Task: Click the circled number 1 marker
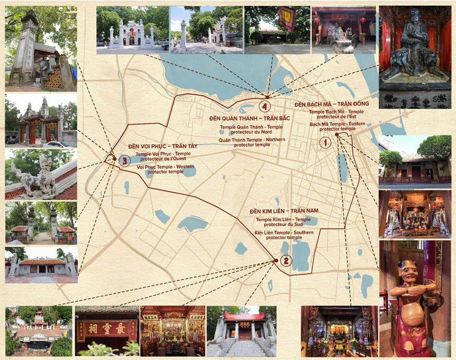[325, 143]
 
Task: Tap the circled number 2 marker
[286, 261]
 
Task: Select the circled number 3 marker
[125, 161]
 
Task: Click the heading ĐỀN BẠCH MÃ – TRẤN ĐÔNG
[331, 104]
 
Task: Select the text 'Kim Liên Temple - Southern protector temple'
[284, 235]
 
